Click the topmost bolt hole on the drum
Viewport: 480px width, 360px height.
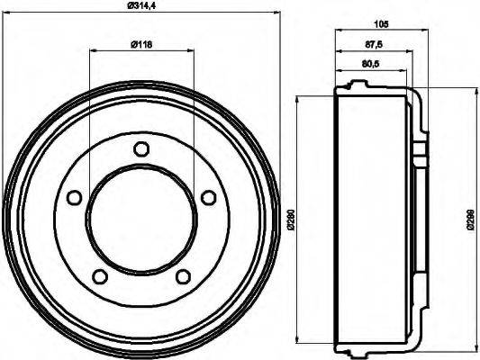point(140,149)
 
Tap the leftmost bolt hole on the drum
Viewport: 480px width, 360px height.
point(74,197)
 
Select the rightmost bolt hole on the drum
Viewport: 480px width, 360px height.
point(207,197)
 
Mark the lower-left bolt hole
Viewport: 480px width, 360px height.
point(99,275)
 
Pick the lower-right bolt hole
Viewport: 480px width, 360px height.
point(182,275)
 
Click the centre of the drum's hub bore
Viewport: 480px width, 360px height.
point(140,218)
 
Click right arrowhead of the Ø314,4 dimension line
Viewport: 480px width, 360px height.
point(275,13)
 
